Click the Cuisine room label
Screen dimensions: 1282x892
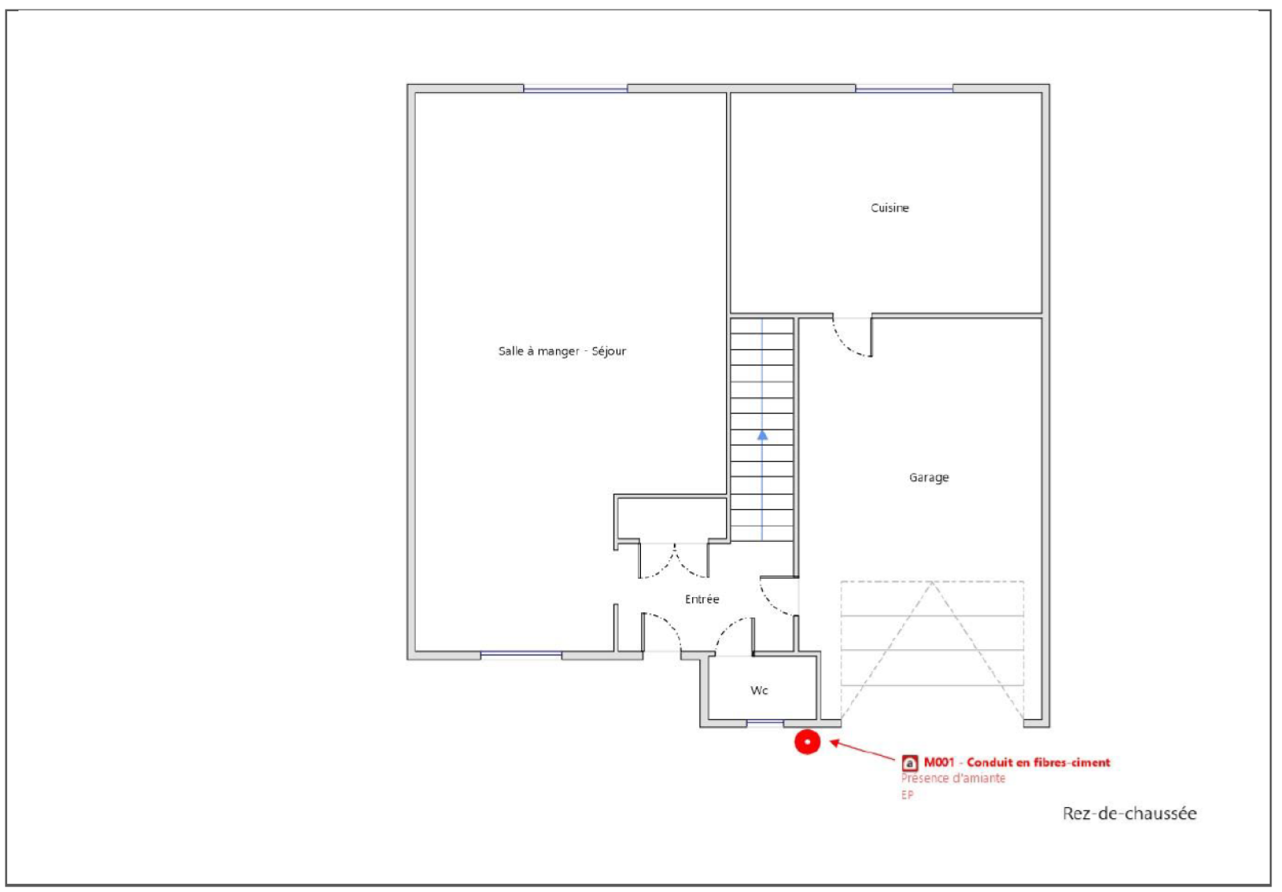pos(889,208)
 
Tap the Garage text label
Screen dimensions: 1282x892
pos(929,478)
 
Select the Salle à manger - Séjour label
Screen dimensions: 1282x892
pos(562,351)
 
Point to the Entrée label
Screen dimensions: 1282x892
pos(702,599)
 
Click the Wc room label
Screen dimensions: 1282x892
pos(759,691)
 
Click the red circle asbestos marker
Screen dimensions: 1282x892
pos(807,742)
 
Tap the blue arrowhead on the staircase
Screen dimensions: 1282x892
pos(762,436)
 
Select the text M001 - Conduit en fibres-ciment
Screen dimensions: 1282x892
pos(1017,763)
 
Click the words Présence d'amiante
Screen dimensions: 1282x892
pos(953,779)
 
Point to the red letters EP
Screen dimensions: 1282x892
pos(907,795)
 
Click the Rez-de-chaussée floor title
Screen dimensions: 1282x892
pos(1129,813)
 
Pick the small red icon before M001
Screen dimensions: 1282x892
pos(909,763)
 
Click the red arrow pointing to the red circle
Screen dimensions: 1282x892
pos(862,751)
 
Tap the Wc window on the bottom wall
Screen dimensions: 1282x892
pos(765,723)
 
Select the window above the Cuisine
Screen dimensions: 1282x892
pos(904,88)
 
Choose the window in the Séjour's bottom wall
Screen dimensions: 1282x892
pos(521,654)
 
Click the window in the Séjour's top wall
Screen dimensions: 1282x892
pos(575,88)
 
